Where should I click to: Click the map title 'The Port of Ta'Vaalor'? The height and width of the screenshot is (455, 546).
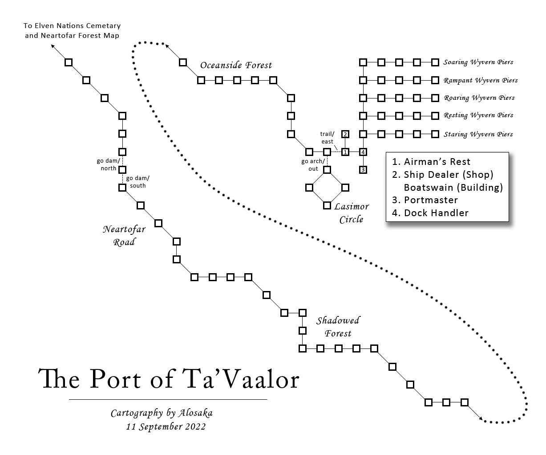(x=169, y=379)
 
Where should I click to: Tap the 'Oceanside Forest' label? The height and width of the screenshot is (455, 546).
(x=236, y=66)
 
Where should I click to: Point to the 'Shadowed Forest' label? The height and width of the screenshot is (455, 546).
(x=338, y=327)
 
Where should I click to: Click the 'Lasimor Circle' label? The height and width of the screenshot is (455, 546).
(x=351, y=213)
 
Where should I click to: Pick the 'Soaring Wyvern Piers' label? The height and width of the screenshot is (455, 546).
(x=478, y=62)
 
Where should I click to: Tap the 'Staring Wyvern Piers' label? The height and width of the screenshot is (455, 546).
(x=478, y=134)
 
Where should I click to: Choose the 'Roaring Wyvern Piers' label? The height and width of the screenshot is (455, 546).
(x=479, y=98)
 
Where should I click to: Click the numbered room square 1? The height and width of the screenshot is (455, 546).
(x=345, y=152)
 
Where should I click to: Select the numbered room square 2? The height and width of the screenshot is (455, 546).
(x=345, y=134)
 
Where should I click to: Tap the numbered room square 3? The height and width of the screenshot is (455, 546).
(x=363, y=170)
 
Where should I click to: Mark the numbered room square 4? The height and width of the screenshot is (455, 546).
(x=363, y=152)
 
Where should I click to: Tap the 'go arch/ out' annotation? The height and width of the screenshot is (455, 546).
(x=313, y=165)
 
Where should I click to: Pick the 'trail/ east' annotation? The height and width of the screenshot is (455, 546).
(x=328, y=138)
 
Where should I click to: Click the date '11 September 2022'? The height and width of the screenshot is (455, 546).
(x=166, y=426)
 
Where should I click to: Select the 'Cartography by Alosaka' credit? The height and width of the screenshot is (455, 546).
(x=162, y=413)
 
